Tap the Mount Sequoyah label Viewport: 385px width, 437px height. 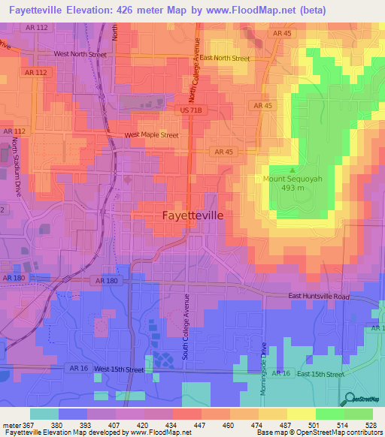[x=293, y=179]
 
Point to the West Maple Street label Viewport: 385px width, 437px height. [x=151, y=135]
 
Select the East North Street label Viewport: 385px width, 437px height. [x=225, y=58]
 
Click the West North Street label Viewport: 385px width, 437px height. [x=80, y=54]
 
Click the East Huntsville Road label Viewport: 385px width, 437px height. [x=320, y=297]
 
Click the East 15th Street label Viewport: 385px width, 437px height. [x=320, y=373]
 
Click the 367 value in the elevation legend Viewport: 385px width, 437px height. [x=26, y=424]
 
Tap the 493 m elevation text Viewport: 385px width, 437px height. [x=293, y=188]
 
